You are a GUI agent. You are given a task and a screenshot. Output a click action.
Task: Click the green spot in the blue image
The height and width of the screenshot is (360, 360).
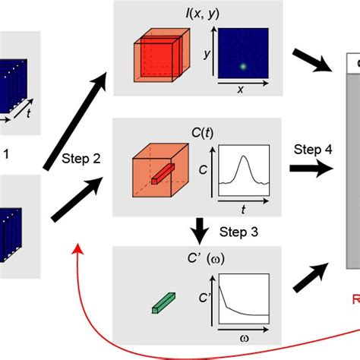pyautogui.click(x=242, y=66)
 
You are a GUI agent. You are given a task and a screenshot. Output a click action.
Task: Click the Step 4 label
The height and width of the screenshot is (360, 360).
pyautogui.click(x=311, y=150)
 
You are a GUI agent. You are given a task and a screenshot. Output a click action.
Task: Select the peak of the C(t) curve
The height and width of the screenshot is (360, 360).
pyautogui.click(x=243, y=157)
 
